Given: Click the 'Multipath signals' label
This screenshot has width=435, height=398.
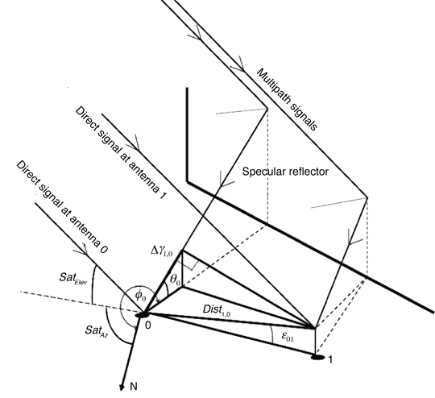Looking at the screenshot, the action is click(x=287, y=100).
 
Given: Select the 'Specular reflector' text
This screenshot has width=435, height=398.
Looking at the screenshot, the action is click(x=285, y=172).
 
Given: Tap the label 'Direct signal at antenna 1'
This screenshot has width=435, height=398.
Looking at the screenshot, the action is click(x=121, y=153).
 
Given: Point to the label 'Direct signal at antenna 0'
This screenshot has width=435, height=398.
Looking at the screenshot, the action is click(x=62, y=207).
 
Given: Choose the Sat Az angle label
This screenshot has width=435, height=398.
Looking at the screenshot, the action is click(x=96, y=330).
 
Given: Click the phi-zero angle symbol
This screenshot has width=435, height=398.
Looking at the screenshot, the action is click(x=140, y=296).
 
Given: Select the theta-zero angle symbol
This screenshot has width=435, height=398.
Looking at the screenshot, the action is click(x=176, y=280).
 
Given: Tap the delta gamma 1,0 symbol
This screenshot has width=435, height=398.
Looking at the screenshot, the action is click(x=162, y=251).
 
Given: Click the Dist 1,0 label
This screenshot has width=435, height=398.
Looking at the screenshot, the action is click(x=217, y=310).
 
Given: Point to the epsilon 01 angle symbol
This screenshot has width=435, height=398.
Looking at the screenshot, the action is click(x=288, y=337).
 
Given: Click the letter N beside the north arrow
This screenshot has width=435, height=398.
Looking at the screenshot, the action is click(x=134, y=387).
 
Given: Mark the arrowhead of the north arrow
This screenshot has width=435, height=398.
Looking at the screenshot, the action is click(x=121, y=388).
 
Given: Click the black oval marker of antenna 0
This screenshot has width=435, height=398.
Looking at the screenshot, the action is click(x=143, y=315).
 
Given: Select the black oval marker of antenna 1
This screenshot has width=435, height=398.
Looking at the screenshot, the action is click(x=318, y=357).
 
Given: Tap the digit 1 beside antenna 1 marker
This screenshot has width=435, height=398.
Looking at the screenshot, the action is click(x=330, y=359).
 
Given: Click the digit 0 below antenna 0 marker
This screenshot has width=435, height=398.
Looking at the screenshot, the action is click(x=148, y=325).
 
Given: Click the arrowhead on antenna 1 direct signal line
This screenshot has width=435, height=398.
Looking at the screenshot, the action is click(x=136, y=144).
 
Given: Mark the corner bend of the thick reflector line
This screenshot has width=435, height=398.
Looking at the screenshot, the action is click(x=188, y=182).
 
